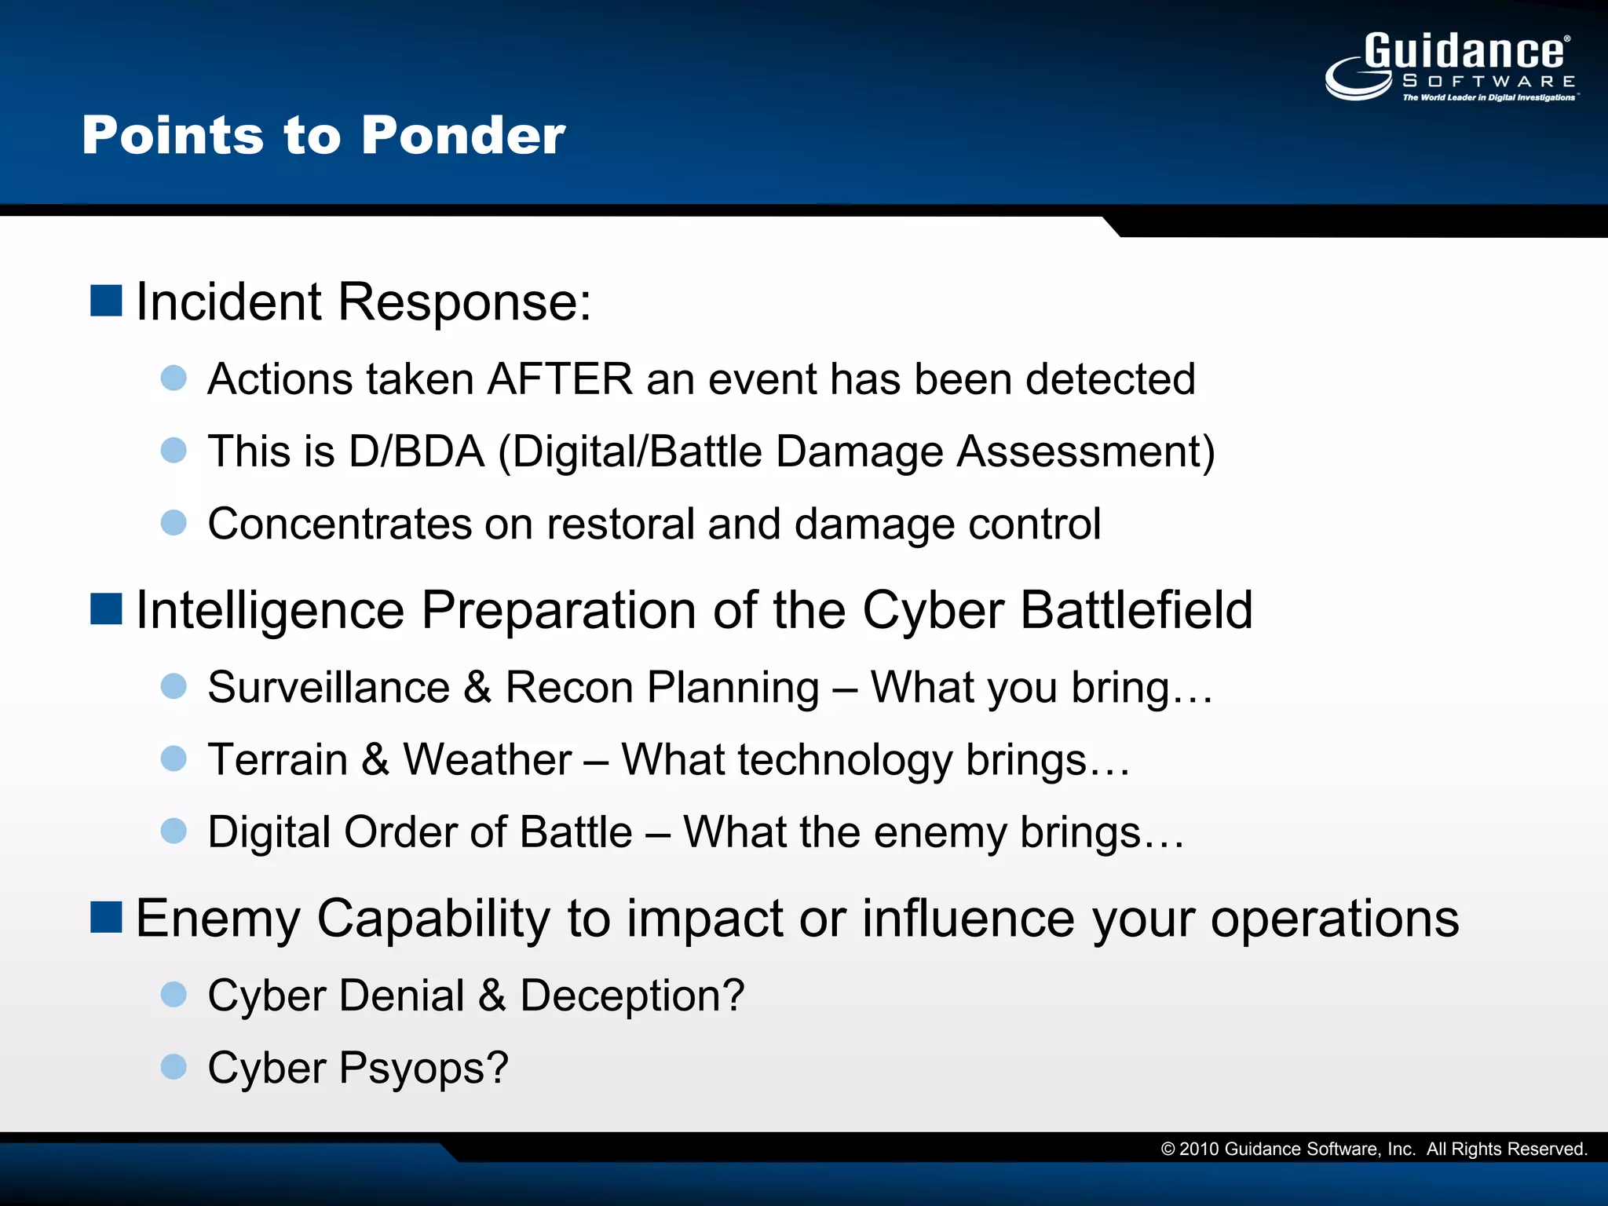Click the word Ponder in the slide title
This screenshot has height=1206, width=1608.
(462, 135)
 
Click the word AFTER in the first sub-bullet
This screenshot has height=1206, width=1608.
(559, 380)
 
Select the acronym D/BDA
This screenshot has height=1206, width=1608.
(416, 452)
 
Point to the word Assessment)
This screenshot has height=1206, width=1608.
(1086, 452)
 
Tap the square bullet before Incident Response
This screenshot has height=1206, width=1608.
(106, 301)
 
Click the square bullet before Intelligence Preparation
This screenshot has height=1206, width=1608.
(106, 609)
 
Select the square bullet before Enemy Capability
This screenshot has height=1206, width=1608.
(106, 917)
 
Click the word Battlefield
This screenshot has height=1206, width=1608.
(1136, 610)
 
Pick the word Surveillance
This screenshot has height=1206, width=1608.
(328, 688)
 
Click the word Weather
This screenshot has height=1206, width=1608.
(487, 760)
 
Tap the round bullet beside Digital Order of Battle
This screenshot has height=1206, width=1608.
(174, 831)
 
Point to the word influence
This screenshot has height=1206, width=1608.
(968, 918)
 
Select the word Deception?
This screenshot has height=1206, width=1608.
(632, 996)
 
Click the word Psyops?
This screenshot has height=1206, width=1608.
(424, 1069)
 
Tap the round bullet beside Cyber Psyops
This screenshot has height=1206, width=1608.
(174, 1066)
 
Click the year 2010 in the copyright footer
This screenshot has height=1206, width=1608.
(1198, 1149)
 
